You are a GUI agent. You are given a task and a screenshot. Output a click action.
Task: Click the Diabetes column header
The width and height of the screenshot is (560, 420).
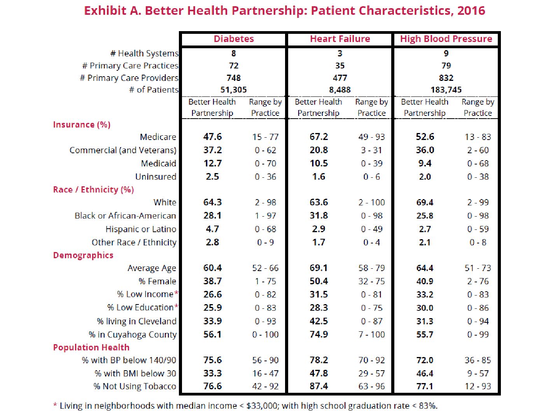pos(234,39)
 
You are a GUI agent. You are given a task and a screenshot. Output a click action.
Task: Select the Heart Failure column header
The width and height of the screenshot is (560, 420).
pos(340,39)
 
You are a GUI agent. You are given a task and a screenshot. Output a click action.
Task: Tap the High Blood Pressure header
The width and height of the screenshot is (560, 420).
pos(446,39)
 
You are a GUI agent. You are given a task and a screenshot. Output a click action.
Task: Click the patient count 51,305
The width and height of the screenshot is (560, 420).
pos(233,90)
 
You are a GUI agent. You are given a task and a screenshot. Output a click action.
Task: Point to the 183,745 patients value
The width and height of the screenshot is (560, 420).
pos(446,90)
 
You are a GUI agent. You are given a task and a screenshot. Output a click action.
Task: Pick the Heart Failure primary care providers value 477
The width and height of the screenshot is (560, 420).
pos(340,78)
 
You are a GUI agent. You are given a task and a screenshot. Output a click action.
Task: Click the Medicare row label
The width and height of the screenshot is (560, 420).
pos(158,137)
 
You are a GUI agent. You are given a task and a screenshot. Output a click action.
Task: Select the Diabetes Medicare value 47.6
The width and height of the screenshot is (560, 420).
pos(212,136)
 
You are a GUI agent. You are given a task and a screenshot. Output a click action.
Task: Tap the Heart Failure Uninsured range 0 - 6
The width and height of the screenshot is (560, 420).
pos(371,177)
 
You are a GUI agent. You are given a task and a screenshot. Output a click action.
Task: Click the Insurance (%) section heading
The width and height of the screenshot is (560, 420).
pos(82,125)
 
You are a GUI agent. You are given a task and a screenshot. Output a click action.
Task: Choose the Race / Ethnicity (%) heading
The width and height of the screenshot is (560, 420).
pos(93,189)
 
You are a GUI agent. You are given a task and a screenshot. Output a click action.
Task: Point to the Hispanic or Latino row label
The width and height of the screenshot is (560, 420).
pos(141,229)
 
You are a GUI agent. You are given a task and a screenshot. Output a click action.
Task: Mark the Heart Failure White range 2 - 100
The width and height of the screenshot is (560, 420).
pos(371,203)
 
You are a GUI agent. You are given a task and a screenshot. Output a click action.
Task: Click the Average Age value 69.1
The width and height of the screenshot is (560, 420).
pos(318,268)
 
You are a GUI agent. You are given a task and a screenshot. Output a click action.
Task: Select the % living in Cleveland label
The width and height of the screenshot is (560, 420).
pos(136,321)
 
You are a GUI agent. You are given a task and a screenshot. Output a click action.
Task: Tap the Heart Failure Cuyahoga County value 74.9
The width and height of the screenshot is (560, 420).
pos(318,334)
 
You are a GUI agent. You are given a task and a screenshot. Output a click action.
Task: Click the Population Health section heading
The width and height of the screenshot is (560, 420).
pos(91,347)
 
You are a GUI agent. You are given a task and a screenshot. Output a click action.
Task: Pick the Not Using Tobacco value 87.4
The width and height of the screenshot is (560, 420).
pos(318,386)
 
